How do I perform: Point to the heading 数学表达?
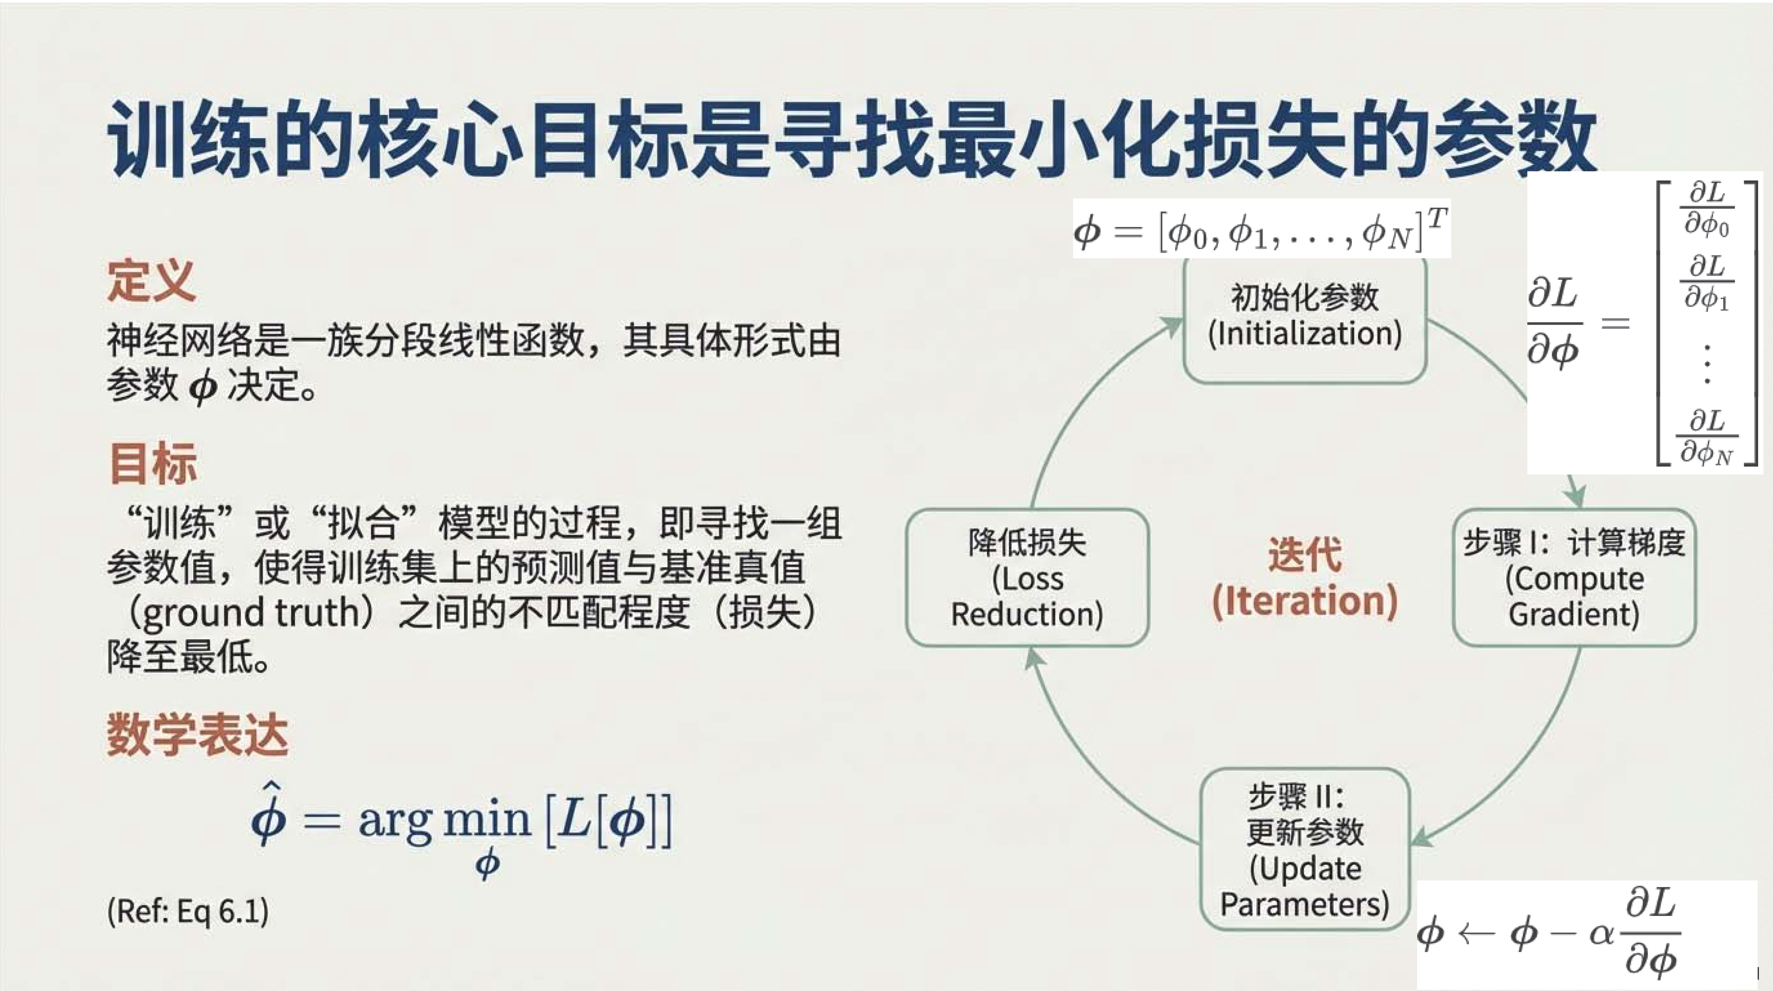pos(198,735)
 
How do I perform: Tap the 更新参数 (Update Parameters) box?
pos(1305,849)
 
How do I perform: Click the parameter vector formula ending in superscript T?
pos(1262,229)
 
